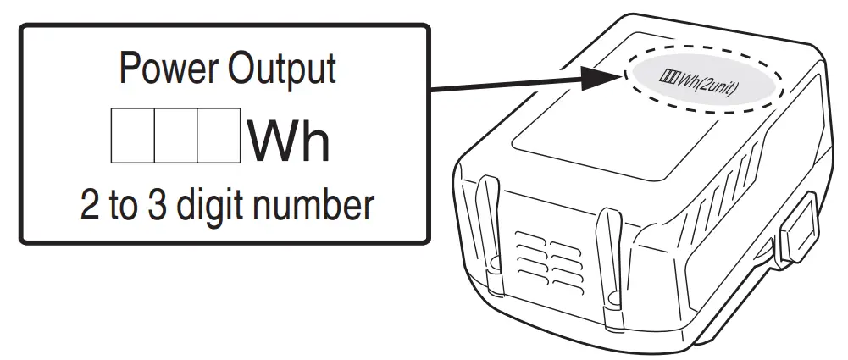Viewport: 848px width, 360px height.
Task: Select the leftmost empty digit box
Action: [133, 135]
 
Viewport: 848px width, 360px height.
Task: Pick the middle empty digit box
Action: [176, 135]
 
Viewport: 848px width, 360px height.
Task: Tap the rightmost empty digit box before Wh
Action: [219, 135]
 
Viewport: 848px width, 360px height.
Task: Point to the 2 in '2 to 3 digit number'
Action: [91, 204]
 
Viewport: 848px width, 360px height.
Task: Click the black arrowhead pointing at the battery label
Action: [601, 77]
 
